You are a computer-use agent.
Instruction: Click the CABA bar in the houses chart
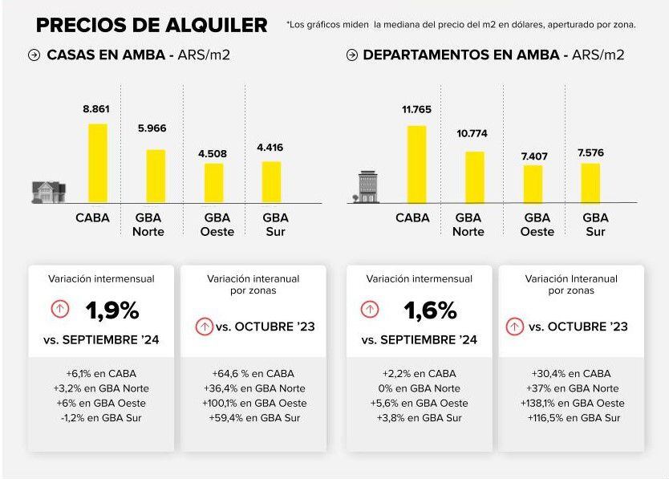(x=98, y=163)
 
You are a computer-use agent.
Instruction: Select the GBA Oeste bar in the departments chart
(x=533, y=184)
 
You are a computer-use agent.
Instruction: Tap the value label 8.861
(x=97, y=108)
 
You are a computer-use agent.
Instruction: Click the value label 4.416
(x=270, y=147)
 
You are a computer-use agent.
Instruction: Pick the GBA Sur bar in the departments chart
(x=590, y=183)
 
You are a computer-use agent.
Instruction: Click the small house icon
(x=47, y=191)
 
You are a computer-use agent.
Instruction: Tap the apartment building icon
(x=367, y=187)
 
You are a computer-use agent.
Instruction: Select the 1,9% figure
(x=112, y=311)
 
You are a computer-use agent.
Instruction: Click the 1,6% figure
(x=430, y=311)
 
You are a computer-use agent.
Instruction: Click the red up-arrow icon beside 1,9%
(x=60, y=309)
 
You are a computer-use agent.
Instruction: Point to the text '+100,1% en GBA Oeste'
(x=253, y=403)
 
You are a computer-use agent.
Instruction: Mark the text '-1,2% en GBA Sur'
(x=101, y=417)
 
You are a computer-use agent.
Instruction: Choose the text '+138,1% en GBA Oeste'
(x=571, y=403)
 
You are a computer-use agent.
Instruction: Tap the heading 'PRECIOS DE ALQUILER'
(x=151, y=25)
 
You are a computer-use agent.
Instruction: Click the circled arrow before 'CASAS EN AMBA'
(x=34, y=55)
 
